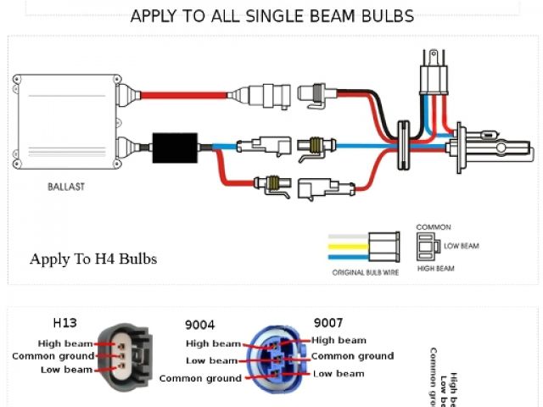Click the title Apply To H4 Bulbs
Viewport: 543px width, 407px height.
point(93,259)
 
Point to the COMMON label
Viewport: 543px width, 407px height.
point(434,227)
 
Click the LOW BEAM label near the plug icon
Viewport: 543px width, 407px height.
point(462,246)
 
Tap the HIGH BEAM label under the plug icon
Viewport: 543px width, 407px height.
point(435,268)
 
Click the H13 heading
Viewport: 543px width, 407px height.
point(64,322)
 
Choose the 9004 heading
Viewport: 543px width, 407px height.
point(200,325)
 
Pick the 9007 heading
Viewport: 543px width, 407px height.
point(328,322)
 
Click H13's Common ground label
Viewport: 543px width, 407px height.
point(53,356)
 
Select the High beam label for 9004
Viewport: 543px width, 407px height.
point(214,343)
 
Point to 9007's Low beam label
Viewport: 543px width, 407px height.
point(339,373)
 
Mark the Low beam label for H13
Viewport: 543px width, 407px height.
point(66,370)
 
